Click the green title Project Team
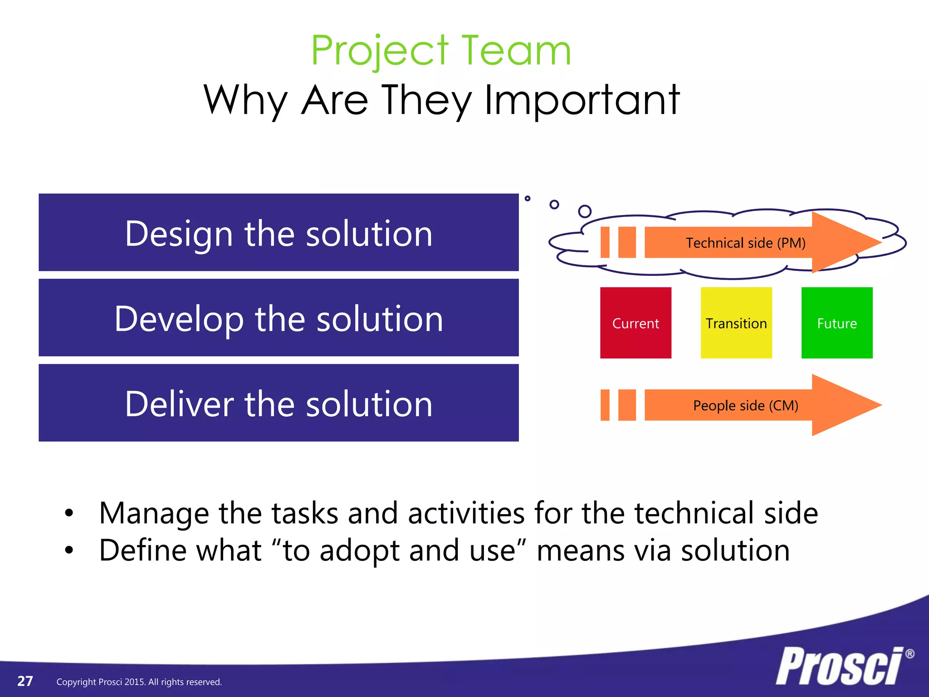[441, 51]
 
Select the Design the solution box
[279, 232]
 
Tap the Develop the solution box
[279, 318]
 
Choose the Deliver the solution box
[279, 403]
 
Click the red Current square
[636, 323]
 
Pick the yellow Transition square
[736, 323]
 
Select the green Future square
[837, 323]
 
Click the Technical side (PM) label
[745, 243]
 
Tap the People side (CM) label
[745, 405]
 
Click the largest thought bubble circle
[585, 211]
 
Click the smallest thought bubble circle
[527, 198]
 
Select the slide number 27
[25, 681]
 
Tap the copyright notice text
[139, 682]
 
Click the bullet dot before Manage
[69, 514]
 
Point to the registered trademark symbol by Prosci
[909, 654]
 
